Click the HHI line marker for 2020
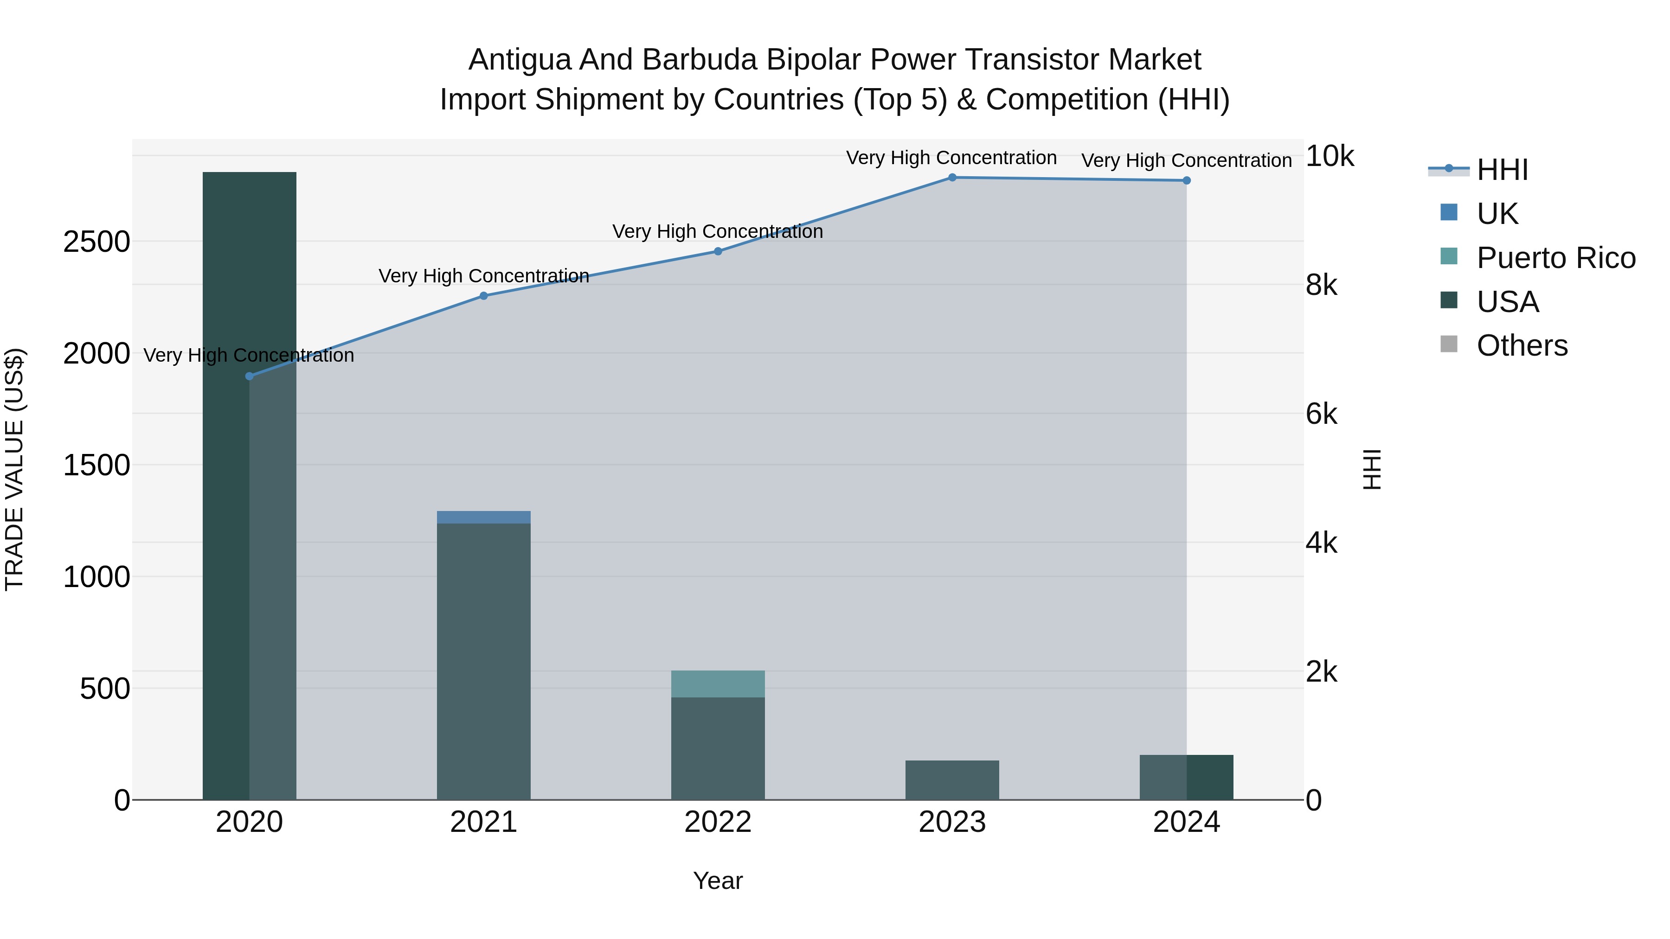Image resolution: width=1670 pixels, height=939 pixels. click(x=250, y=376)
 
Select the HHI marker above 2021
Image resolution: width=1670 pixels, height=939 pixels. click(x=484, y=296)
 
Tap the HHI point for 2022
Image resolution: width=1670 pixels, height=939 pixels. click(x=718, y=251)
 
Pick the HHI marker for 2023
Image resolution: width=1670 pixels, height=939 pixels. click(x=952, y=178)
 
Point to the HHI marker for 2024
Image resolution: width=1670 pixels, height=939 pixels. click(x=1186, y=181)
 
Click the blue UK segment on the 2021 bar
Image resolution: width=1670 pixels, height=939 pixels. click(x=484, y=517)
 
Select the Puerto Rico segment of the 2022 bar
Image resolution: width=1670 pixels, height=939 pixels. click(x=718, y=683)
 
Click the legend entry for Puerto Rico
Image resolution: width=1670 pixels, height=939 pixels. click(x=1556, y=258)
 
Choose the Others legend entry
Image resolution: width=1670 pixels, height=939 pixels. click(x=1522, y=345)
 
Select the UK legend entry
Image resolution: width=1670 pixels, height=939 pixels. click(x=1497, y=214)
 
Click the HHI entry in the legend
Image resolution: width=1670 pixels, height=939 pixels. click(x=1502, y=170)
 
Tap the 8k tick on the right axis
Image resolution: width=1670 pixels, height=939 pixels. click(x=1321, y=285)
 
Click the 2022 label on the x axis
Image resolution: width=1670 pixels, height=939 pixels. click(x=718, y=822)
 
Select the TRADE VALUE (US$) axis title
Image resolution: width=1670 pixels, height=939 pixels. click(x=14, y=469)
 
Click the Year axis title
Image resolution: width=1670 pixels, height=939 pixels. click(x=718, y=881)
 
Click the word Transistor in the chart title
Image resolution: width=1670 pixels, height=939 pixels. click(x=1032, y=60)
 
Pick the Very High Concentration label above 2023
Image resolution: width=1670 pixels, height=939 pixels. click(x=951, y=158)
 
